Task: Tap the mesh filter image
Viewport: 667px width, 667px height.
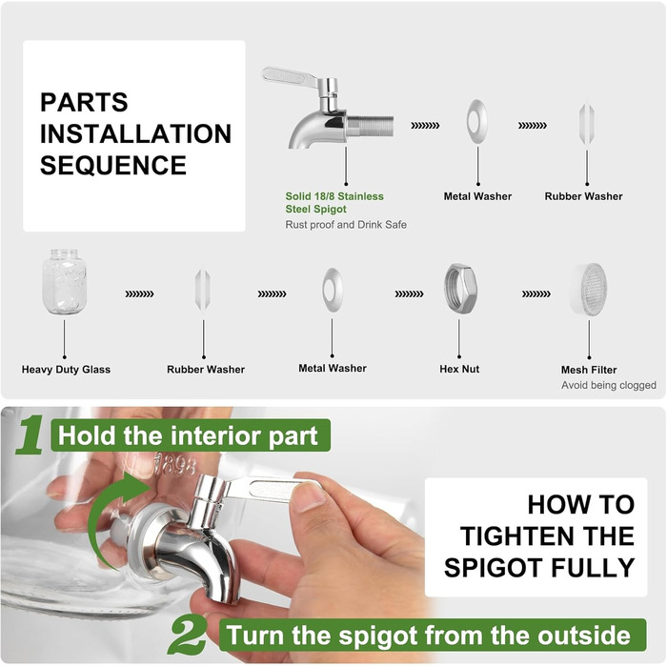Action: coord(589,289)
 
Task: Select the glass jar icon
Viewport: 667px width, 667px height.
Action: coord(64,282)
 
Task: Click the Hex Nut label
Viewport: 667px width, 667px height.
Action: coord(459,369)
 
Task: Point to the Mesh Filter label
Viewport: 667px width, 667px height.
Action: coord(589,370)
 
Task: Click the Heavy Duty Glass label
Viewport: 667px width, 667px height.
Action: coord(66,370)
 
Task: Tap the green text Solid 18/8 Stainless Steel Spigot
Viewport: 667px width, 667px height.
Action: coord(334,202)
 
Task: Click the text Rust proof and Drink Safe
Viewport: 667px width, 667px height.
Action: coord(346,225)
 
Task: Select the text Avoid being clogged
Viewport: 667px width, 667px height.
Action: coord(608,385)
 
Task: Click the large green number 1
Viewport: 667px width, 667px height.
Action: coord(30,435)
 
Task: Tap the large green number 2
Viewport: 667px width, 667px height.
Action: coord(188,636)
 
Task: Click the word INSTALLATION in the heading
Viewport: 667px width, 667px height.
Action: coord(135,133)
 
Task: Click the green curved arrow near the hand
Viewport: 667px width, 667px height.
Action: coord(102,511)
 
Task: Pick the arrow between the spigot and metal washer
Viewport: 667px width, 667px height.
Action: coord(425,126)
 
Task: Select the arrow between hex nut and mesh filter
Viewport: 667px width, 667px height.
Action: coord(536,293)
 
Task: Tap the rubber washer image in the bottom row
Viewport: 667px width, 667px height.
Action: coord(202,290)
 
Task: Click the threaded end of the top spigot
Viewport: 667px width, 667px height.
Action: coord(370,126)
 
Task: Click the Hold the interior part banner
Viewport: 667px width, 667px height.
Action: coord(191,435)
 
